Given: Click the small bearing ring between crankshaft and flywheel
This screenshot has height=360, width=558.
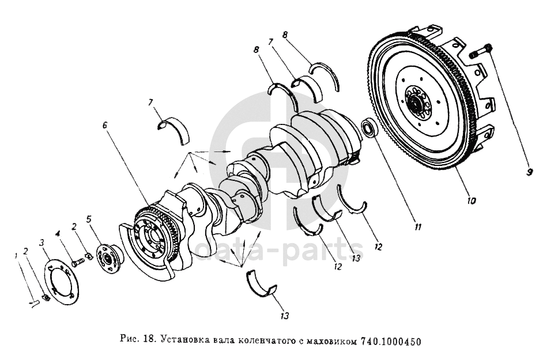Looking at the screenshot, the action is click(369, 129).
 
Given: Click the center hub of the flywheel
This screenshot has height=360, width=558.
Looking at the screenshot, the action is click(415, 103).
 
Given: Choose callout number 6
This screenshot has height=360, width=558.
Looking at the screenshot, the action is click(105, 126).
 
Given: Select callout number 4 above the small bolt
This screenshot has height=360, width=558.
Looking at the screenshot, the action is click(57, 234).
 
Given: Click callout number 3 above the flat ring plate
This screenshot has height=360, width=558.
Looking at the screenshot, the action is click(42, 242).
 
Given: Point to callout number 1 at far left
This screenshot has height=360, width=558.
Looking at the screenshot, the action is click(16, 255).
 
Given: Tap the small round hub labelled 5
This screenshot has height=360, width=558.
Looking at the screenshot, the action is click(110, 259).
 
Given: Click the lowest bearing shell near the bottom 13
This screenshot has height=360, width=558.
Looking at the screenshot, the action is click(262, 283).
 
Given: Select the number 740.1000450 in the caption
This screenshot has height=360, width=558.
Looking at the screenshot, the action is click(391, 342).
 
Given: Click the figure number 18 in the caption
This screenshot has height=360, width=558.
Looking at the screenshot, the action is click(149, 342).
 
